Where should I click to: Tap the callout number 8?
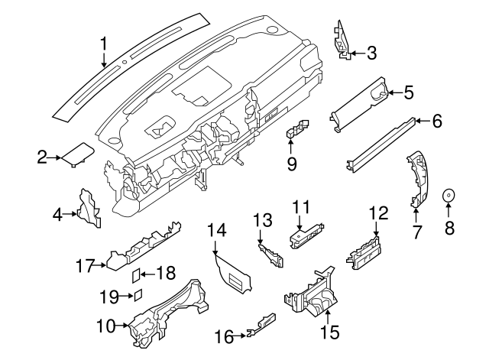[449, 227]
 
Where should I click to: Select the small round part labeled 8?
[449, 196]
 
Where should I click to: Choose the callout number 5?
[408, 93]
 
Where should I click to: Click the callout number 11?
[302, 206]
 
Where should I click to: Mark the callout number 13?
[262, 220]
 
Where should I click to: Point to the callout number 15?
[329, 332]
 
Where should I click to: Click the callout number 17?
[86, 266]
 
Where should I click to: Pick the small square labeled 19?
[138, 295]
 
